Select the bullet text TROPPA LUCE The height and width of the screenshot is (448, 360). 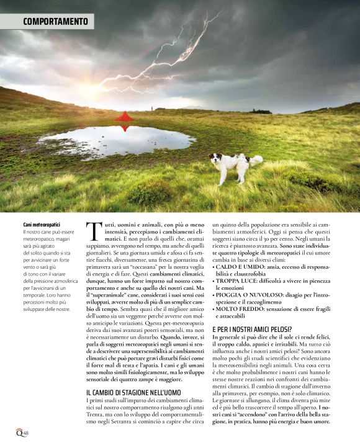pyautogui.click(x=238, y=280)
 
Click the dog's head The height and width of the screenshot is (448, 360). pyautogui.click(x=215, y=159)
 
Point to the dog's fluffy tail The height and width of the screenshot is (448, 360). pyautogui.click(x=255, y=160)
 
